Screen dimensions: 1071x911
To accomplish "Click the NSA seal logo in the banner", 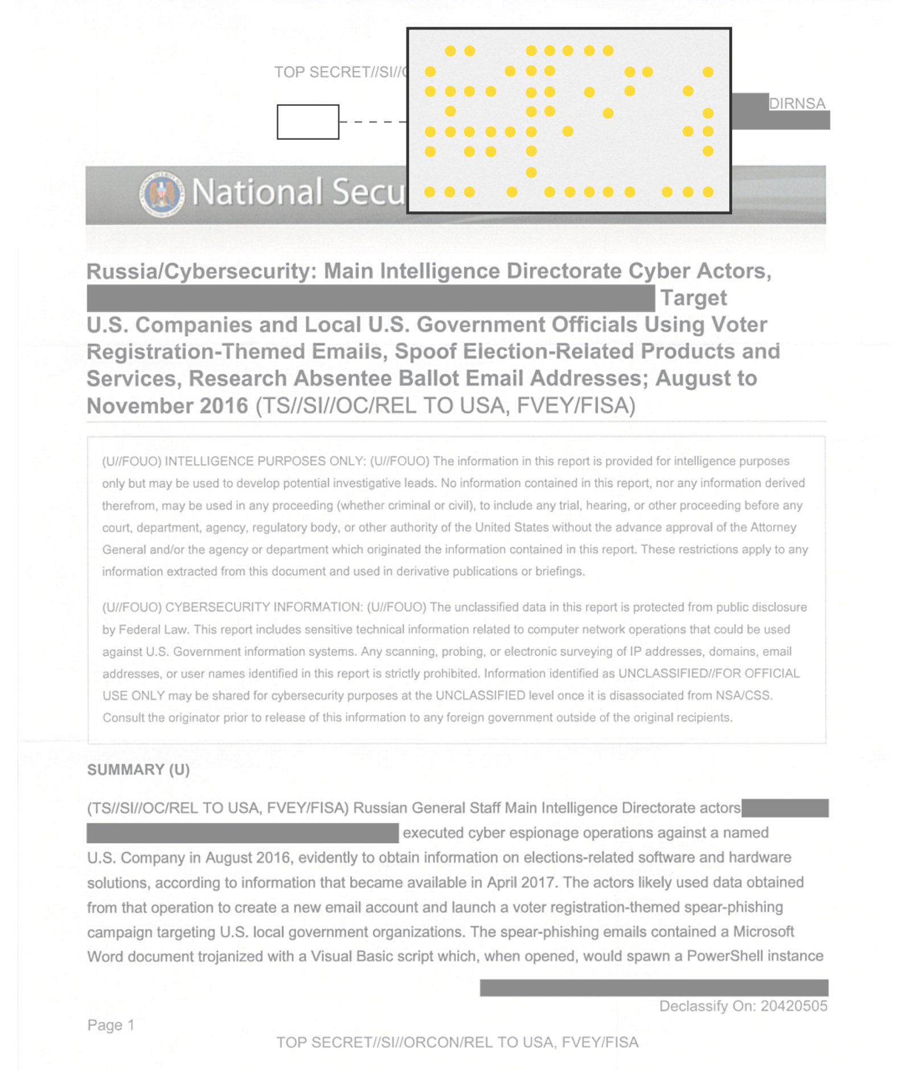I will [162, 194].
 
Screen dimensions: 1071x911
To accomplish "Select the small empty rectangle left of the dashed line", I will [307, 121].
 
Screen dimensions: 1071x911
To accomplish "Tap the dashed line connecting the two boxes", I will [372, 122].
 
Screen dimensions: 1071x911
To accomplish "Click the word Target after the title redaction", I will [693, 298].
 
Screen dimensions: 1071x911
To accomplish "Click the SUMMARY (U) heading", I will [138, 770].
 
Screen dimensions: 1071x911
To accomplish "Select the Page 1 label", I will [111, 1025].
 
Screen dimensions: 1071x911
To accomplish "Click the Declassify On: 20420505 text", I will [742, 1006].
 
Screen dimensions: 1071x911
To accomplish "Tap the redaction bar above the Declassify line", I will [653, 987].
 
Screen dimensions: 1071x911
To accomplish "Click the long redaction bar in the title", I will [370, 298].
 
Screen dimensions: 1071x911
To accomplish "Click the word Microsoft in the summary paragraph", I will [763, 931].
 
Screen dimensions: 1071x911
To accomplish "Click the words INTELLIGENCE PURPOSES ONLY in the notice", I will [265, 461].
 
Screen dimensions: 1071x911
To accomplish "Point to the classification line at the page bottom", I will [457, 1043].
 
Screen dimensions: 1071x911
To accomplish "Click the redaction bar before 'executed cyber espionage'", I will [242, 833].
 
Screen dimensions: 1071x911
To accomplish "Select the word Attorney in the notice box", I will [773, 528].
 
